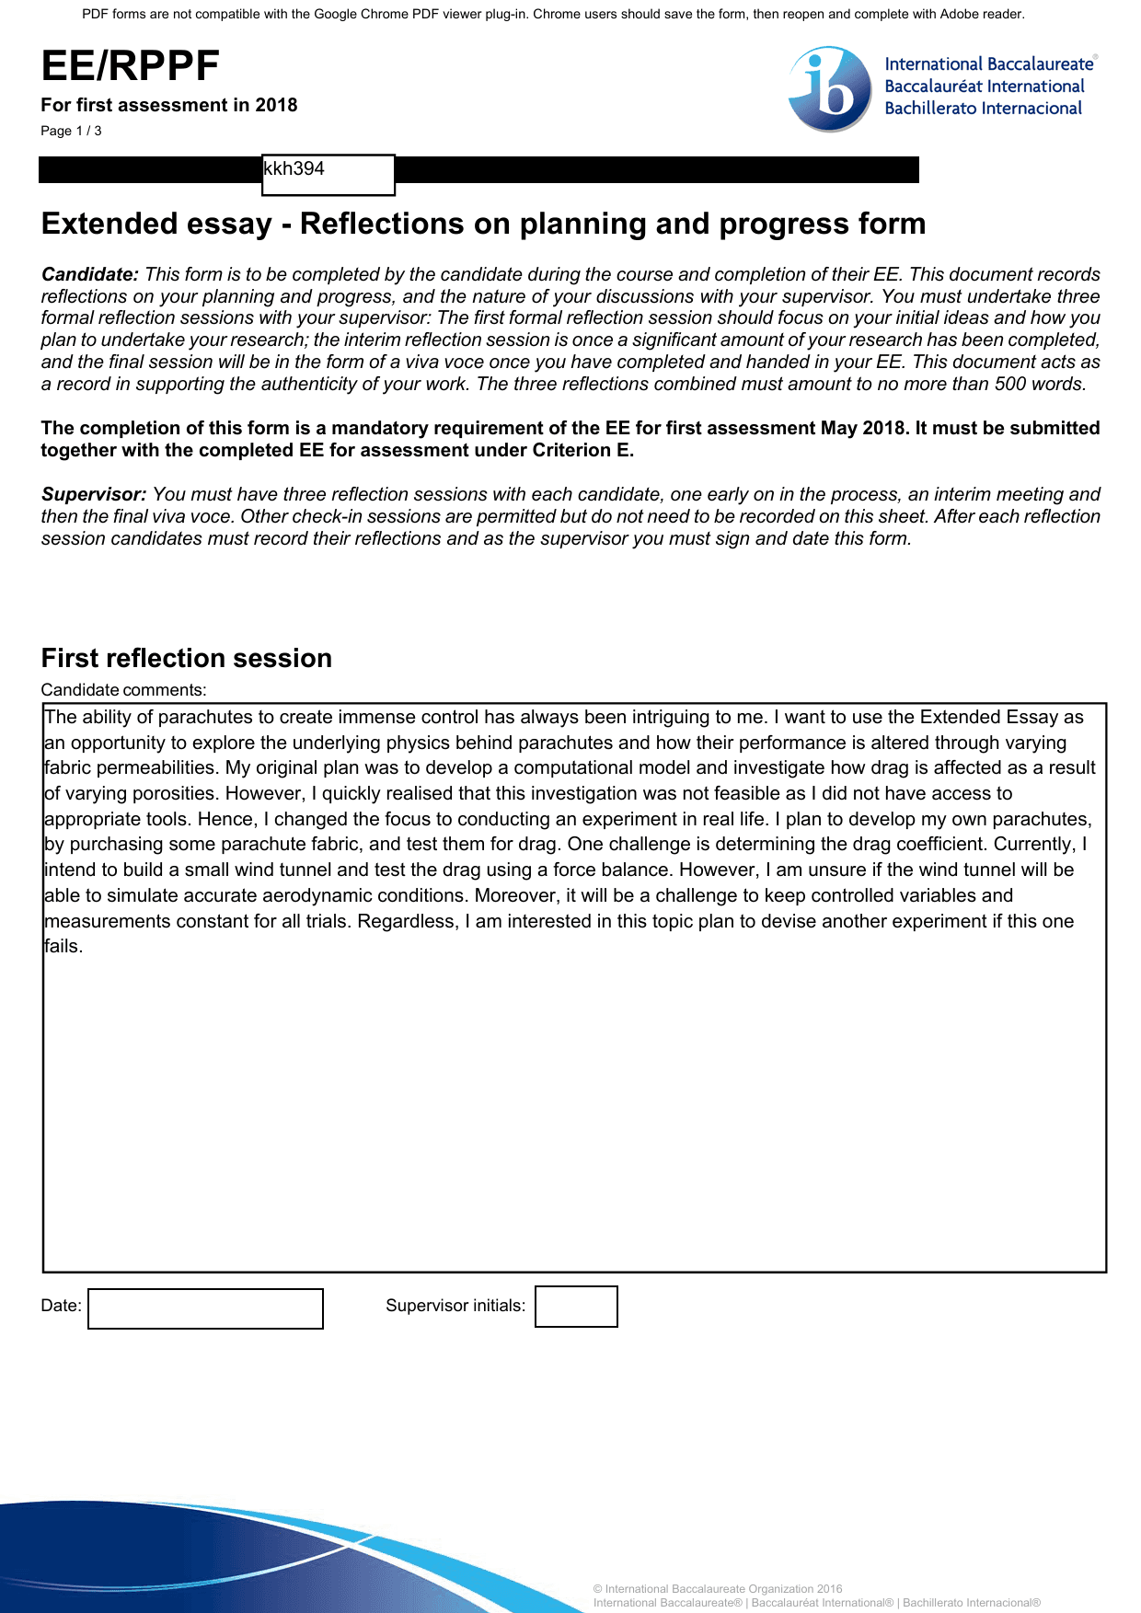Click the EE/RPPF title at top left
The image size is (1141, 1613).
click(x=131, y=66)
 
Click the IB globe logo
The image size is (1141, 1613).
click(x=830, y=89)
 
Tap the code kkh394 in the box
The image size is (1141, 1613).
click(x=294, y=169)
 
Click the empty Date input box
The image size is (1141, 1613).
click(x=205, y=1308)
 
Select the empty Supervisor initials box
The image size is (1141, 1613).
click(x=576, y=1307)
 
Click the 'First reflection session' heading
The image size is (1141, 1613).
click(x=187, y=658)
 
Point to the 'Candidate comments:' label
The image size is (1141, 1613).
click(x=123, y=690)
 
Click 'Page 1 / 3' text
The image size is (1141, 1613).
click(x=71, y=131)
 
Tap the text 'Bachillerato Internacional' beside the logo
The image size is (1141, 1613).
click(x=983, y=109)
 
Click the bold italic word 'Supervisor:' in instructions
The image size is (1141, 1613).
click(x=94, y=494)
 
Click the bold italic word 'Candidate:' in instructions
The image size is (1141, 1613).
click(x=90, y=274)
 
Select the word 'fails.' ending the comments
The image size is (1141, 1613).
click(x=63, y=947)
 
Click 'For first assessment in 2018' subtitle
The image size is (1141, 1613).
click(x=169, y=105)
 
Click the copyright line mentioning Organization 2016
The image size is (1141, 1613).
click(x=718, y=1589)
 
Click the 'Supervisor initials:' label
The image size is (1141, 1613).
click(x=455, y=1306)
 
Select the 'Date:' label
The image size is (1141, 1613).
click(x=61, y=1306)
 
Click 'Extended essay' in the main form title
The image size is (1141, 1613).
click(x=156, y=224)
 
